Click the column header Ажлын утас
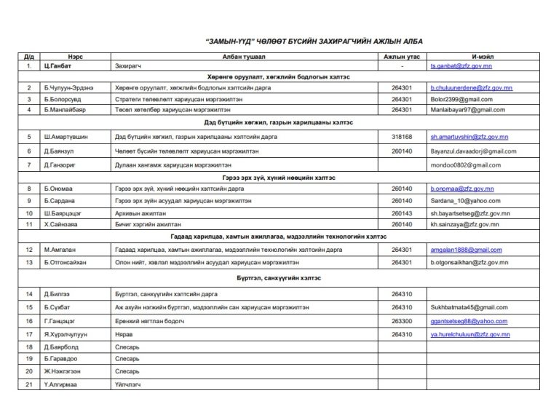(402, 55)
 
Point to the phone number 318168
(402, 136)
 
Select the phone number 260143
(402, 213)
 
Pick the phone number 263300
(402, 321)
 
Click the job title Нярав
(122, 334)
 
